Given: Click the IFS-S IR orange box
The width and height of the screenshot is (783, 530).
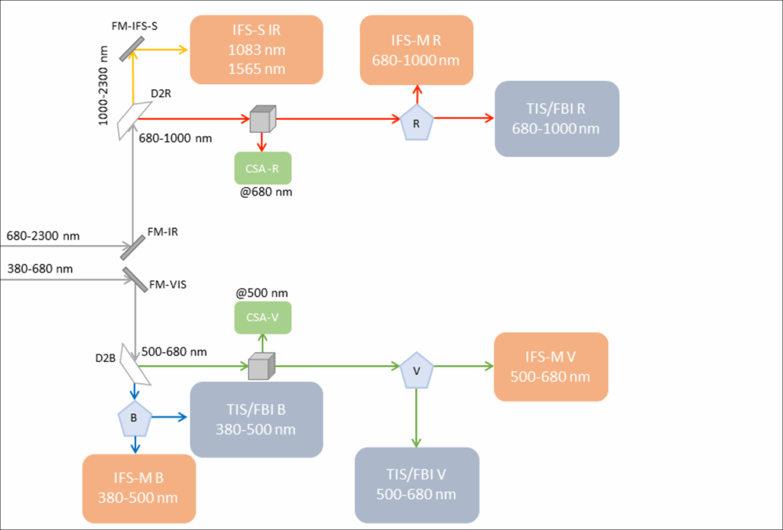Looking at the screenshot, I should [x=258, y=49].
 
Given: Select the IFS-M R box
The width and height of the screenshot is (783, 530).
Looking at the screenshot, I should [x=417, y=49].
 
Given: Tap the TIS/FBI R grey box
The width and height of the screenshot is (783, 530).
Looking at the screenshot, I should [x=556, y=118].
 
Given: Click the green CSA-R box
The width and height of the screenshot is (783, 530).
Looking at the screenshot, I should [x=263, y=168].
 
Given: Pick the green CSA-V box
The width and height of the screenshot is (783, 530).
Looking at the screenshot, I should [x=263, y=318].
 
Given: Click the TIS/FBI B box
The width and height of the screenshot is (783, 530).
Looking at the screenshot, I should [x=256, y=419].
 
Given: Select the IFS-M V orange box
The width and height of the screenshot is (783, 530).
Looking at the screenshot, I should [x=551, y=367].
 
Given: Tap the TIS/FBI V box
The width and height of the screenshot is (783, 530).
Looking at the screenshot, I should [x=417, y=485].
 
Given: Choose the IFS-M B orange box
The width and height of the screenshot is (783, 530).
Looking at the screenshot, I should [x=138, y=488].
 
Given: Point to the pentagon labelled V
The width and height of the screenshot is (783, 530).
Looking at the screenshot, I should [x=417, y=369].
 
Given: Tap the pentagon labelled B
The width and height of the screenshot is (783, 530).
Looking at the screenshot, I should [x=135, y=418].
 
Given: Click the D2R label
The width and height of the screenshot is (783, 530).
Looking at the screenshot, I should [x=161, y=94].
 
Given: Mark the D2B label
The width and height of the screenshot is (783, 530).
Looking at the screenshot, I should [x=106, y=356].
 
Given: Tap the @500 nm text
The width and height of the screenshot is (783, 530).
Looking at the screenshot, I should [x=262, y=293].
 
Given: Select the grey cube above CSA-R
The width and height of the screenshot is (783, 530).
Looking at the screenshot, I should [x=262, y=121].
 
